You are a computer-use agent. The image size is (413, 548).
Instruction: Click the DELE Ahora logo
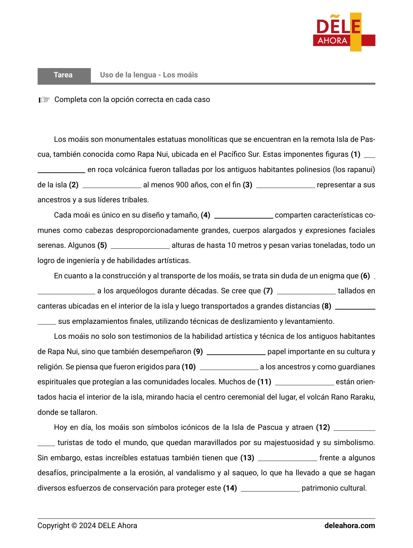click(344, 32)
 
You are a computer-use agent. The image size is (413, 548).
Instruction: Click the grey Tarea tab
click(64, 75)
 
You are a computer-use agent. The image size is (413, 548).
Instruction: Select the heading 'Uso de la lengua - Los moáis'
click(149, 75)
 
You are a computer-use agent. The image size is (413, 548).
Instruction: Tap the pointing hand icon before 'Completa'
click(44, 100)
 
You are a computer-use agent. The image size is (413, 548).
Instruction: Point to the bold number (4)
click(205, 215)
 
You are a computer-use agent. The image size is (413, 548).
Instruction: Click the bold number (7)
click(268, 291)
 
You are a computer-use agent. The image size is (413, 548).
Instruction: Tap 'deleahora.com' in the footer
click(349, 526)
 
